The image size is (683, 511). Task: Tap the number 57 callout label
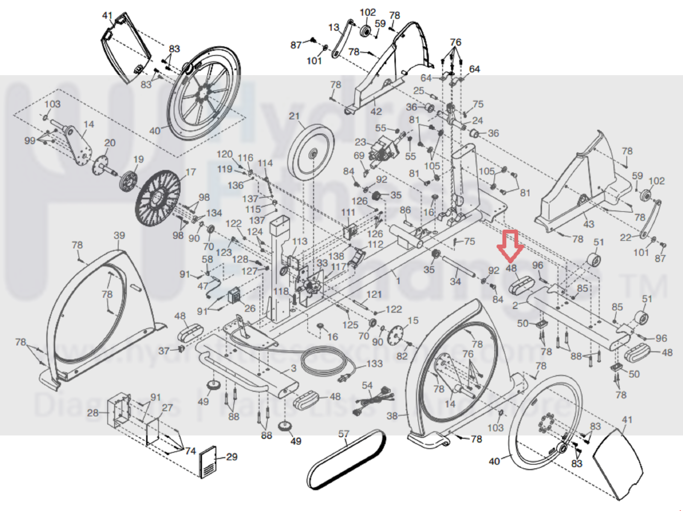(344, 434)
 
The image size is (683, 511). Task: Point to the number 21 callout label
(294, 116)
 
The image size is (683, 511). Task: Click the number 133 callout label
(375, 364)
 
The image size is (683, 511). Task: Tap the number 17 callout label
(191, 172)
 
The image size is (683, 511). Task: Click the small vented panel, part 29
(208, 462)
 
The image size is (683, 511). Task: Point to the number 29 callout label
(232, 457)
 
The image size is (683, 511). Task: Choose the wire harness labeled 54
(372, 401)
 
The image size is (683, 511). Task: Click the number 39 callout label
(119, 235)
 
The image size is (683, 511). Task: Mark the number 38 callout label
(392, 416)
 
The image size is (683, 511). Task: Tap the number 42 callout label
(376, 112)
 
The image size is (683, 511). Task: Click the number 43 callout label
(589, 224)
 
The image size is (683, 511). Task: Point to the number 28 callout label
(93, 413)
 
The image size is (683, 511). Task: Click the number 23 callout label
(361, 142)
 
